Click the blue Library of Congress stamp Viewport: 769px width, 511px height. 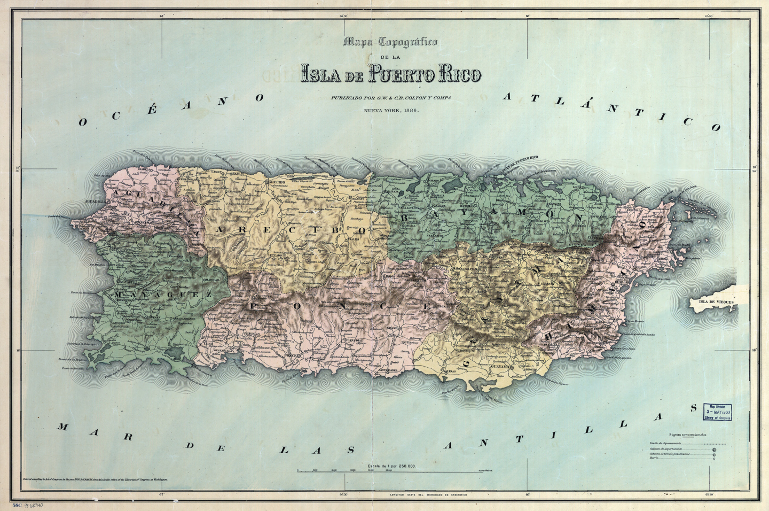pyautogui.click(x=717, y=411)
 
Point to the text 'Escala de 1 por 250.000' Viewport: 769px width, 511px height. pyautogui.click(x=391, y=466)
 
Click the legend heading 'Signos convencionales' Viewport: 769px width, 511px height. pyautogui.click(x=691, y=435)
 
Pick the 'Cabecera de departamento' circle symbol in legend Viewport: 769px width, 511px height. pyautogui.click(x=714, y=450)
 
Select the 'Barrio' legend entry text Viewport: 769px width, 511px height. pyautogui.click(x=654, y=459)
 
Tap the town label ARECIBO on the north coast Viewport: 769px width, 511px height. pyautogui.click(x=276, y=182)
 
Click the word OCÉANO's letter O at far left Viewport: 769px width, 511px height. pyautogui.click(x=82, y=122)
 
